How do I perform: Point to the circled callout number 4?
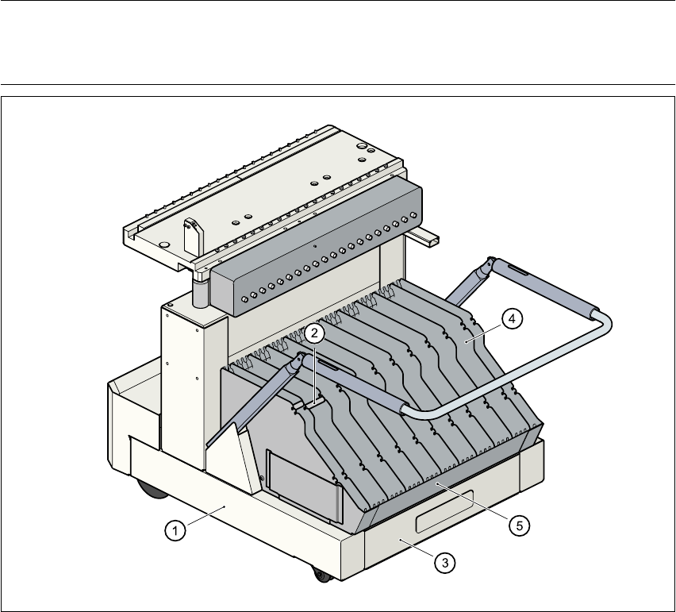tap(512, 318)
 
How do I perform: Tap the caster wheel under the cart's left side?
tap(149, 488)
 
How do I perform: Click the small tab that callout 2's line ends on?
tap(298, 406)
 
